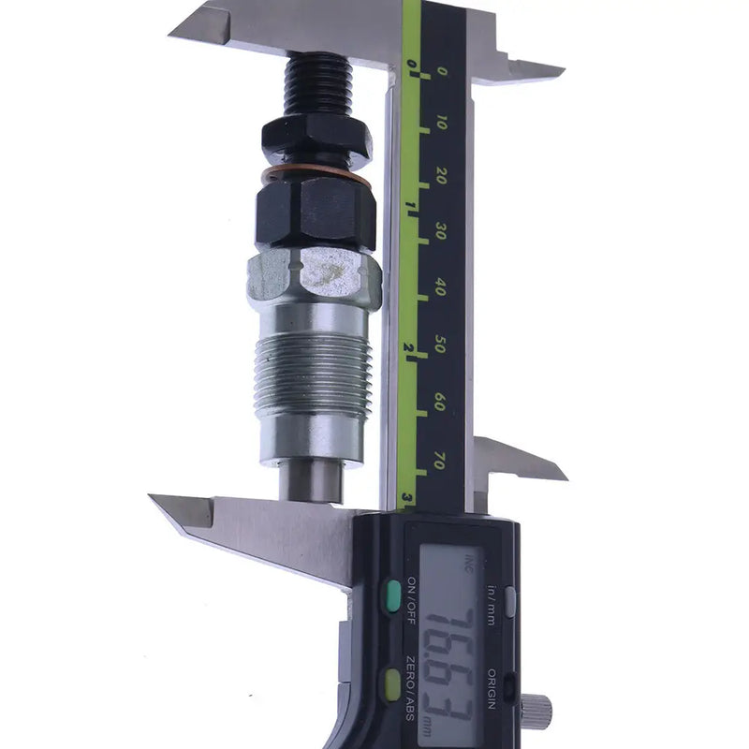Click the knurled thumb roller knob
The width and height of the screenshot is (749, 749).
pyautogui.click(x=536, y=711)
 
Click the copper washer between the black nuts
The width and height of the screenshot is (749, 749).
pyautogui.click(x=315, y=174)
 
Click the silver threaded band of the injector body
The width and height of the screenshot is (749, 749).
pyautogui.click(x=313, y=374)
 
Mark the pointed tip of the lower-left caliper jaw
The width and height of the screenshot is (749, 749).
pyautogui.click(x=155, y=499)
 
